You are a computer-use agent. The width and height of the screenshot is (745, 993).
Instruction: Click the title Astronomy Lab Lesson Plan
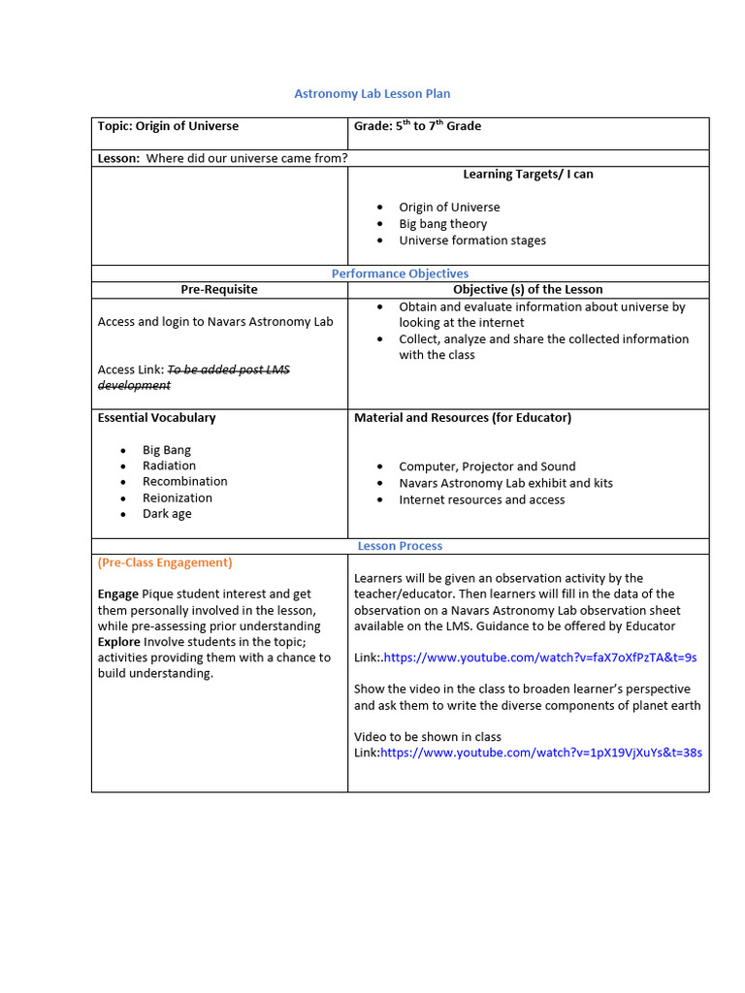tap(372, 94)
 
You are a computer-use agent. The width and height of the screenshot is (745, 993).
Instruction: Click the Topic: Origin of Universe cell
tap(168, 126)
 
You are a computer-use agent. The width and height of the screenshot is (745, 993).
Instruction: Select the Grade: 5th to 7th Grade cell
tap(417, 126)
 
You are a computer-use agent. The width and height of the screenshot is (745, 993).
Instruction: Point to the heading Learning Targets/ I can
tap(528, 175)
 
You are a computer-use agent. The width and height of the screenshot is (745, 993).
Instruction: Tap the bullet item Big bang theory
tap(442, 224)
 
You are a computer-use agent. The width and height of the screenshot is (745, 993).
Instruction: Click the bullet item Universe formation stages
tap(471, 240)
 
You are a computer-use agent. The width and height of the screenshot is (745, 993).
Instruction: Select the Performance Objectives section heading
tap(400, 273)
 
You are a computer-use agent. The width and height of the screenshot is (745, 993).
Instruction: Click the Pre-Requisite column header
tap(219, 289)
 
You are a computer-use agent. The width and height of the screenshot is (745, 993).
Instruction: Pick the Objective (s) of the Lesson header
tap(528, 289)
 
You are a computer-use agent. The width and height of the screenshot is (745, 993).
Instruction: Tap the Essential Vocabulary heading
tap(157, 418)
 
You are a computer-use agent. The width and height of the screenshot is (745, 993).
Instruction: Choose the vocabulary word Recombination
tap(184, 482)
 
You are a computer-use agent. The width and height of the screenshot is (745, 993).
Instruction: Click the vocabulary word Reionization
tap(177, 498)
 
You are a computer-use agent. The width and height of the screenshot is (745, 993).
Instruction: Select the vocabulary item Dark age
tap(167, 514)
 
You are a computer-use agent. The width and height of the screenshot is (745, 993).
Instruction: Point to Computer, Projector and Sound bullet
tap(487, 466)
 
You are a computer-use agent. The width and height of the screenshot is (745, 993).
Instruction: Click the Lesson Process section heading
tap(400, 546)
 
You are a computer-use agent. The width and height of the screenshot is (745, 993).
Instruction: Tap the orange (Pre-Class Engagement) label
tap(165, 562)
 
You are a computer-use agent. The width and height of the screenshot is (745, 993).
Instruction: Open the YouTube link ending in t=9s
tap(540, 657)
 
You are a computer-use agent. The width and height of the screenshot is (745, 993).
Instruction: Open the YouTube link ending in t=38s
tap(540, 753)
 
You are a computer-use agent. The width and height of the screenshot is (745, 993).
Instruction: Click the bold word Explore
tap(119, 641)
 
